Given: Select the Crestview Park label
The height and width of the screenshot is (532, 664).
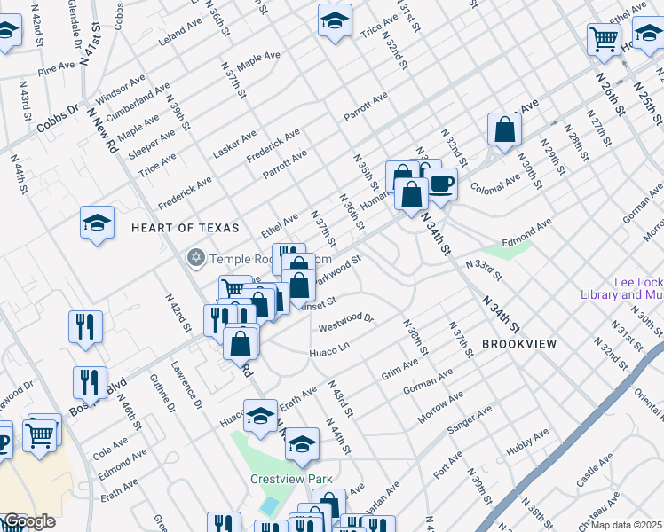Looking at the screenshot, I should coord(290,480).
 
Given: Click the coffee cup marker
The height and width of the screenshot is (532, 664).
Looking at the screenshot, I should coord(441,185).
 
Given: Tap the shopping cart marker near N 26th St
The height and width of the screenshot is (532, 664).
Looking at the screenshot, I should coord(604,39).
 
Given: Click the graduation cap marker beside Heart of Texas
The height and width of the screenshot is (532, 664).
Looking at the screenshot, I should coord(97,223).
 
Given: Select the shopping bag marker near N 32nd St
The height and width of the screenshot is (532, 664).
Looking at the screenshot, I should coord(504,129).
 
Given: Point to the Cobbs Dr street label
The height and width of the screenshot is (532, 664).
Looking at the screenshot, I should coord(58,120).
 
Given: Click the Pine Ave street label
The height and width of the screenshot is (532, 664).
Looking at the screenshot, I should coord(57,67).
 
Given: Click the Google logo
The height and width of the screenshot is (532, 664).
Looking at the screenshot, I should coord(29,521).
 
